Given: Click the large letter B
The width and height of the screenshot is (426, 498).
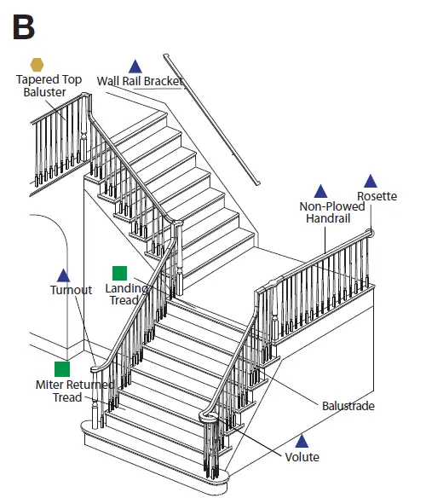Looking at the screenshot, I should tap(24, 26).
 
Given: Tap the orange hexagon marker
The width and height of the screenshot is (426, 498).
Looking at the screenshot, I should tap(37, 65).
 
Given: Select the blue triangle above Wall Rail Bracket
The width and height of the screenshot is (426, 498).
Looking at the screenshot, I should tap(135, 66).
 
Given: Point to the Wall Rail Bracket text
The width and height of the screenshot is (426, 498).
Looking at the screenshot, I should tap(140, 81).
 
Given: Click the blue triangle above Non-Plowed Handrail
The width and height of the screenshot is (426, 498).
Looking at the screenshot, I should tap(321, 191).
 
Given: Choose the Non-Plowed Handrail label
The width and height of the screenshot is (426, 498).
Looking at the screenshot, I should tap(332, 212).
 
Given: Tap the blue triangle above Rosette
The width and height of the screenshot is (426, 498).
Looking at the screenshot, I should tap(371, 181).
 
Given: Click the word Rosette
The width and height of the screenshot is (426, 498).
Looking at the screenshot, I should tap(377, 196).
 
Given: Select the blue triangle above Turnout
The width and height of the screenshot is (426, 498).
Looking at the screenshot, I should tap(63, 275).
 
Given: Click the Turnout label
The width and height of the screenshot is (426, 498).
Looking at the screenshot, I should tap(71, 290).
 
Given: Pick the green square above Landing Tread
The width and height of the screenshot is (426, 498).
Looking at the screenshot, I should tap(120, 273).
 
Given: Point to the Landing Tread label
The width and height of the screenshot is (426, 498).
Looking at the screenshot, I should tap(127, 294).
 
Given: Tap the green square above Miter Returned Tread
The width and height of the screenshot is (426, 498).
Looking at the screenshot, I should tap(62, 369).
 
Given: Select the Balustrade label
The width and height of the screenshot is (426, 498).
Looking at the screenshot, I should tap(348, 406).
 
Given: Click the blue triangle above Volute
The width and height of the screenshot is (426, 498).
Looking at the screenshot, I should tap(301, 441).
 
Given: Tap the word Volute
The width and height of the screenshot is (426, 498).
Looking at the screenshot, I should tap(302, 457).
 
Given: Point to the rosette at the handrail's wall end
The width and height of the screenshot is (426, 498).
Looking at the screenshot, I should tap(371, 232).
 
